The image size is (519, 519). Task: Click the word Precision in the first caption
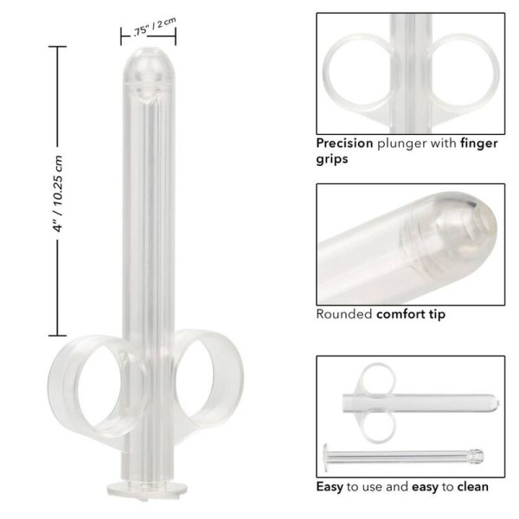pos(343,144)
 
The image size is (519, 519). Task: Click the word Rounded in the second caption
pos(344,314)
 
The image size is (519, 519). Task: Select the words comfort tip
pos(411,314)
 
